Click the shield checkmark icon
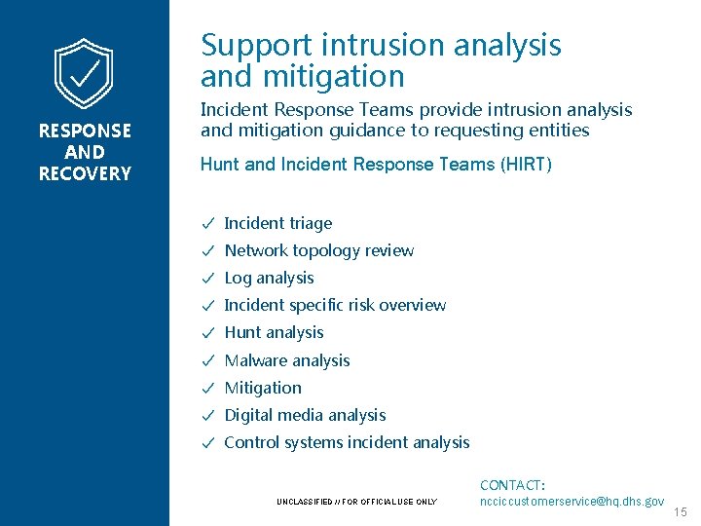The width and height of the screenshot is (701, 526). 84,74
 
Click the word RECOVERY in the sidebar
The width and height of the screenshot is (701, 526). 85,174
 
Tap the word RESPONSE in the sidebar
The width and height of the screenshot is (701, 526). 85,131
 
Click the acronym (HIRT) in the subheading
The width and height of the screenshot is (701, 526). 527,165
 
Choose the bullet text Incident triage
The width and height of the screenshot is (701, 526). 277,223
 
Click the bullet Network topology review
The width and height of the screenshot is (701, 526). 318,250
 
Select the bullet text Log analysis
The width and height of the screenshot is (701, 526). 269,278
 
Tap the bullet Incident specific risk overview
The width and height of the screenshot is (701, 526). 335,305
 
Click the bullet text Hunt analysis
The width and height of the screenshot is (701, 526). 274,332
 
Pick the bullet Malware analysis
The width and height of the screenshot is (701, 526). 286,360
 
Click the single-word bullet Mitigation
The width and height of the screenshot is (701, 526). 263,388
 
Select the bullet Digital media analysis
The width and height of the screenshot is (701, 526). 305,415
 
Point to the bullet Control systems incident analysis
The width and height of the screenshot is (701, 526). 347,442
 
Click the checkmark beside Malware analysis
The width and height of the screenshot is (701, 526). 207,360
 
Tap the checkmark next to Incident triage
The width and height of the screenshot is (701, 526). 207,223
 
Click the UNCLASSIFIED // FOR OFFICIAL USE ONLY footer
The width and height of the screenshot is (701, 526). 356,503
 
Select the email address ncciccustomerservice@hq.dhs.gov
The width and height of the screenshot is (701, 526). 572,501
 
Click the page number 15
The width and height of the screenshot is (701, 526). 681,511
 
